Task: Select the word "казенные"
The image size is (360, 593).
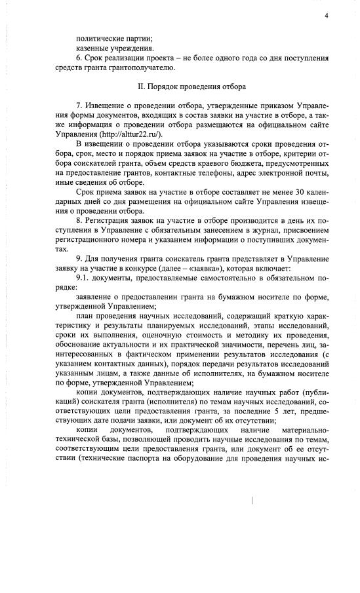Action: (x=93, y=48)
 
